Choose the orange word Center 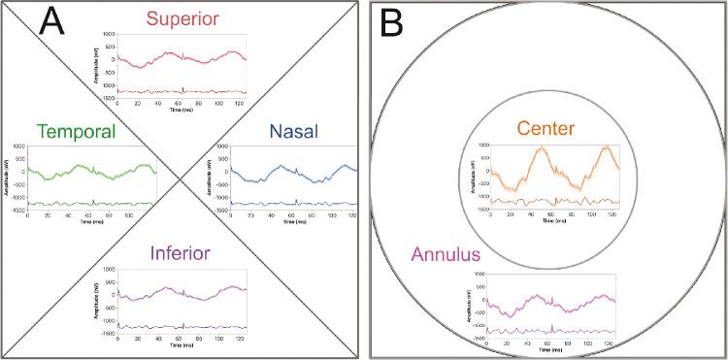pos(546,129)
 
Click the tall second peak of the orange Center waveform pos(607,147)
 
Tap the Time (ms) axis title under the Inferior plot pos(181,346)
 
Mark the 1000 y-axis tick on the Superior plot pos(108,36)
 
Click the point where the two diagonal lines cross pos(181,180)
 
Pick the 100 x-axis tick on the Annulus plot pos(586,344)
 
